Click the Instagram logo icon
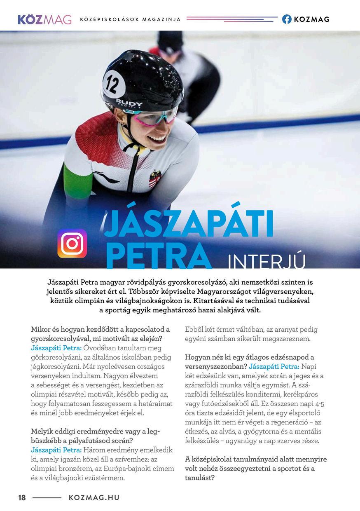72,243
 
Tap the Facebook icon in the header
287,19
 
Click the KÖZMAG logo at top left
44,19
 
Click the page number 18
22,497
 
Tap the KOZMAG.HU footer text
94,497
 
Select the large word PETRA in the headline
158,255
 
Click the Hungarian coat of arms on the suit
155,178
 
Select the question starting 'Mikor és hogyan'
101,334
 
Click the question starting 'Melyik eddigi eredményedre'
96,436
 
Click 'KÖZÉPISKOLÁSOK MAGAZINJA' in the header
130,19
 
